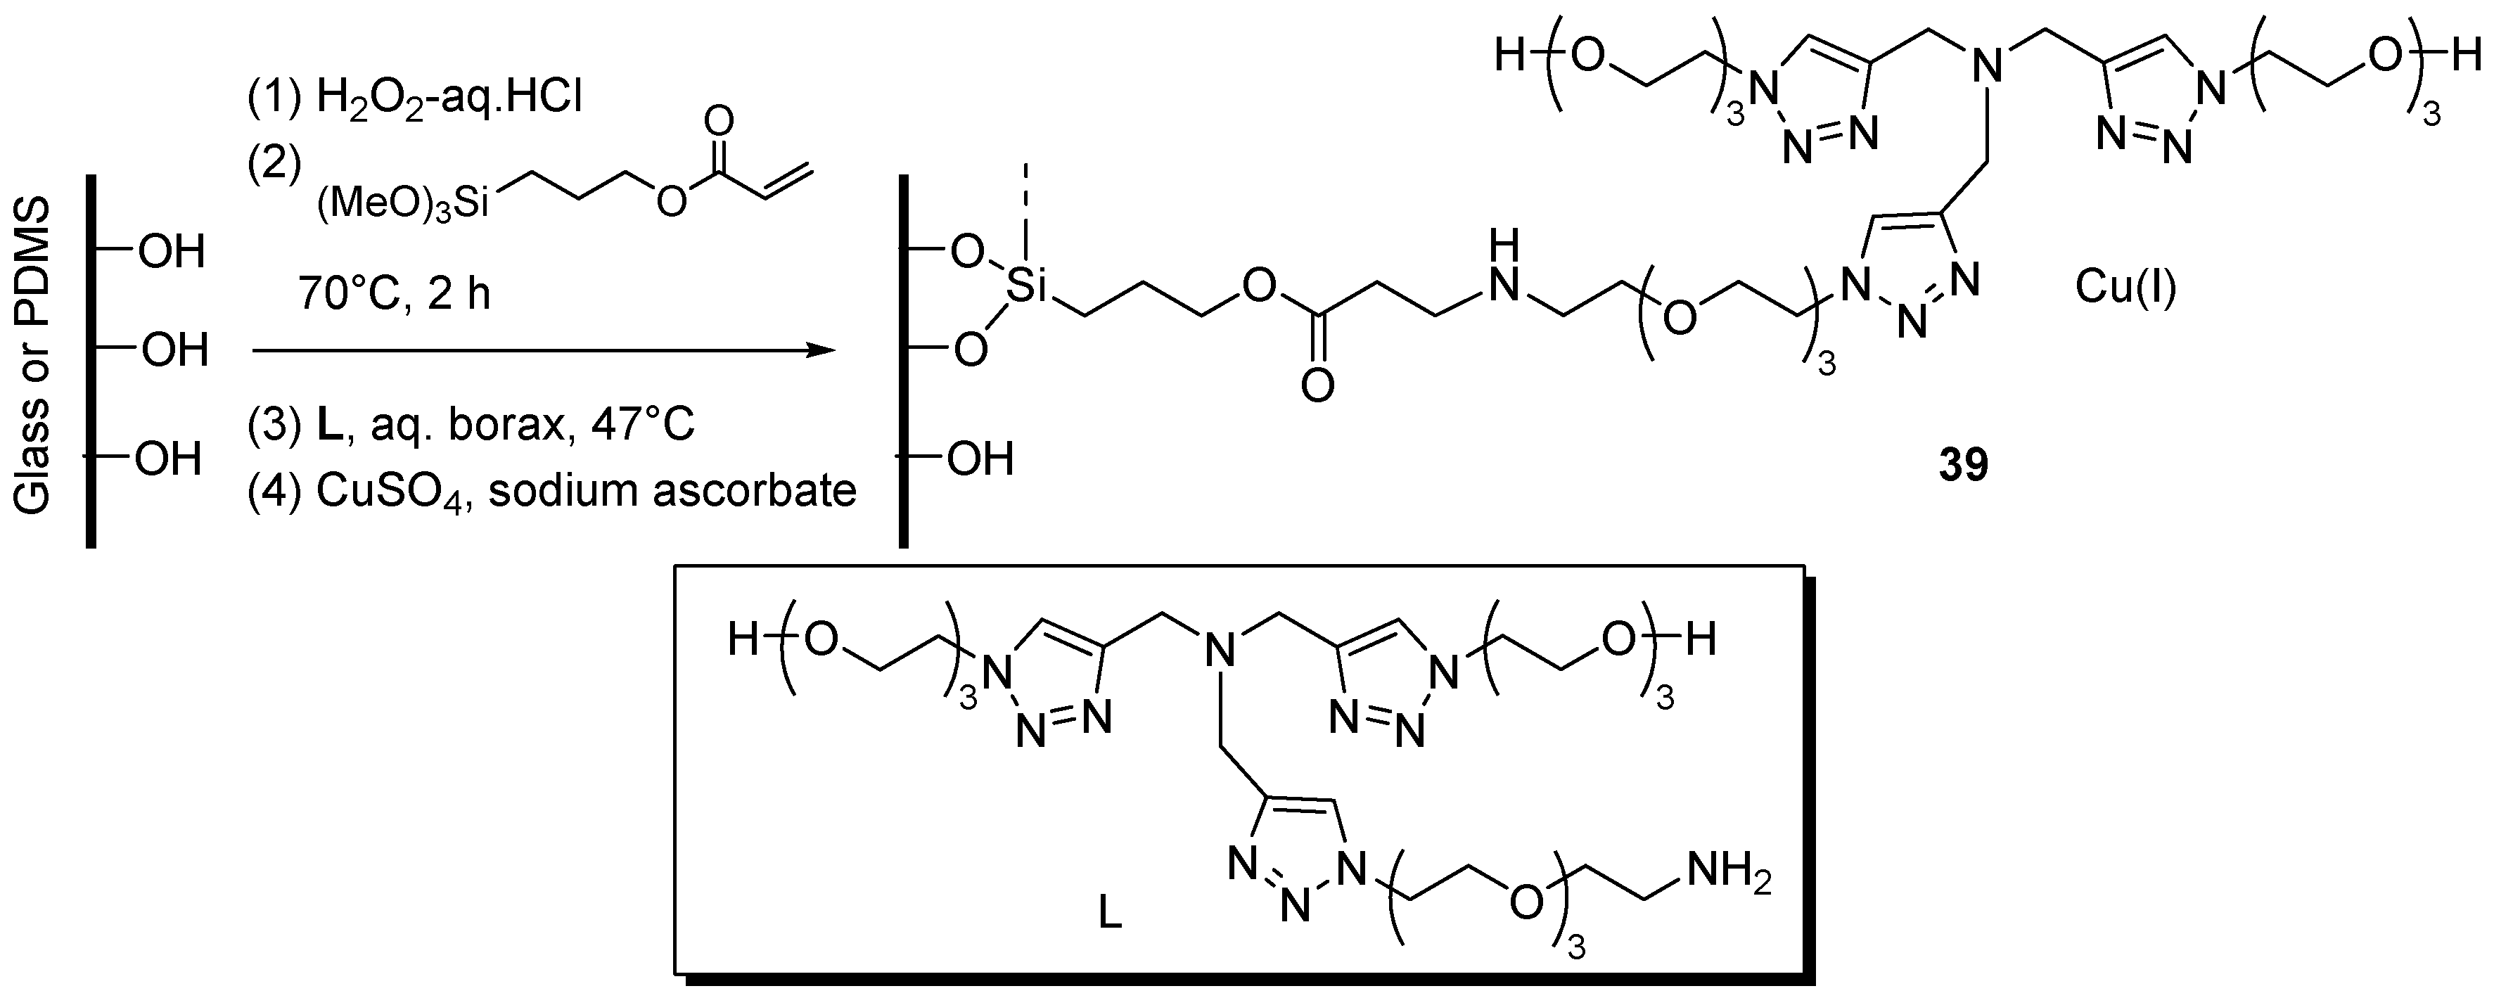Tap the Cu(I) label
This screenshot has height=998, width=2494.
[2126, 288]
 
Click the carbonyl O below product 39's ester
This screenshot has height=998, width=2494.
[1317, 386]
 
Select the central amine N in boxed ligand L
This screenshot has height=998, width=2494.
[1221, 651]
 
